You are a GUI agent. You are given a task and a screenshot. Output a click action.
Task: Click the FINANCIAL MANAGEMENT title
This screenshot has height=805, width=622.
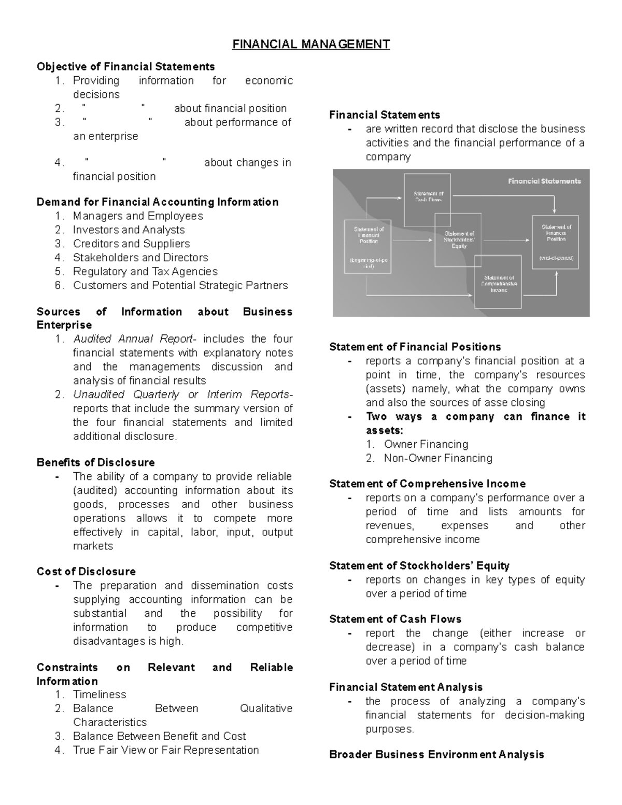(310, 44)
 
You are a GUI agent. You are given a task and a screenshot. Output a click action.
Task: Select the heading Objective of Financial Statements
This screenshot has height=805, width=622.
(125, 67)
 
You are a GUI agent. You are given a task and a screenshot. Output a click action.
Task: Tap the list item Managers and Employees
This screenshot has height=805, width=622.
(137, 216)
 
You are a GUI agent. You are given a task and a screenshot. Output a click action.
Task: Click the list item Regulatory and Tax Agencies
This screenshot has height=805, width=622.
(145, 271)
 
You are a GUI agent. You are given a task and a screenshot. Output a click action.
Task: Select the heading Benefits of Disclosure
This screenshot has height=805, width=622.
(95, 462)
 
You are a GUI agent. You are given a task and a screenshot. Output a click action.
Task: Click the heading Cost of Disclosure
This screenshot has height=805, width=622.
(86, 571)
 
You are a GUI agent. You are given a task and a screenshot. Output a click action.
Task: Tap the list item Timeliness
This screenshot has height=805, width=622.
(100, 695)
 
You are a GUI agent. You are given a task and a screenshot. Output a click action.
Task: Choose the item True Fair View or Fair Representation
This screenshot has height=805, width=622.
(165, 750)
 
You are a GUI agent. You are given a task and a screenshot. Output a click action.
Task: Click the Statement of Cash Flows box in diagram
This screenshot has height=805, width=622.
(428, 200)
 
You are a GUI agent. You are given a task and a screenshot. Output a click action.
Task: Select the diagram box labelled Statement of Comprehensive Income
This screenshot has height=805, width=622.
(498, 283)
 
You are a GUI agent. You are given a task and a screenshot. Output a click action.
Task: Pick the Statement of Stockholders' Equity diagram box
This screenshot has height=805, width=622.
(458, 239)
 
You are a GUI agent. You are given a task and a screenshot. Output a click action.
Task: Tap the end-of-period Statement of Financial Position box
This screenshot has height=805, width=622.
(556, 242)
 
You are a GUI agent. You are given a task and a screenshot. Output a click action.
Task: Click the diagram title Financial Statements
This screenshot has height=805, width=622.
(544, 181)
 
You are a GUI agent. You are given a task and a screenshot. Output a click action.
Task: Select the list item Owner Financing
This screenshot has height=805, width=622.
(426, 444)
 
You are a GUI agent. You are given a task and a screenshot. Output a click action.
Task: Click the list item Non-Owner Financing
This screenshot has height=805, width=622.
(437, 458)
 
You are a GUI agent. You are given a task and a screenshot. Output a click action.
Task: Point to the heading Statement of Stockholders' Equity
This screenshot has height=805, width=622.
(419, 566)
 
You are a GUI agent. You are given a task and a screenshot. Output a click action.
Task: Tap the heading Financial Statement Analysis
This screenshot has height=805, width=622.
(405, 687)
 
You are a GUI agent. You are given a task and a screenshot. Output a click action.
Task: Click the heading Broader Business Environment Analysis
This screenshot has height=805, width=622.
(436, 755)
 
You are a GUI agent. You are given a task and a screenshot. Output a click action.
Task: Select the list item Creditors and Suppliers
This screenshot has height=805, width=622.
(131, 244)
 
